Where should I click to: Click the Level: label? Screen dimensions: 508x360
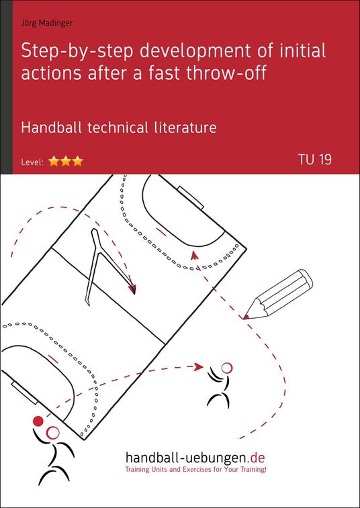click(x=32, y=162)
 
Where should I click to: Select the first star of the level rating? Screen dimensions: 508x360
click(x=54, y=161)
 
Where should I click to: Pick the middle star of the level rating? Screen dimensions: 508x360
click(x=65, y=161)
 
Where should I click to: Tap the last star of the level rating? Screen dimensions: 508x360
click(x=77, y=161)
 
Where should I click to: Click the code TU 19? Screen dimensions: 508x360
click(x=314, y=160)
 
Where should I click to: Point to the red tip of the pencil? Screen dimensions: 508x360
click(x=246, y=315)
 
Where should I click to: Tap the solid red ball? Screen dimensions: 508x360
click(x=38, y=421)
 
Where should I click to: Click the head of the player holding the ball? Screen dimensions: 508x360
click(x=53, y=433)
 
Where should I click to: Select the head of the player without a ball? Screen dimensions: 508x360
click(x=226, y=367)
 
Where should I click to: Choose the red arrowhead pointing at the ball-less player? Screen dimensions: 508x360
click(x=198, y=366)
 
